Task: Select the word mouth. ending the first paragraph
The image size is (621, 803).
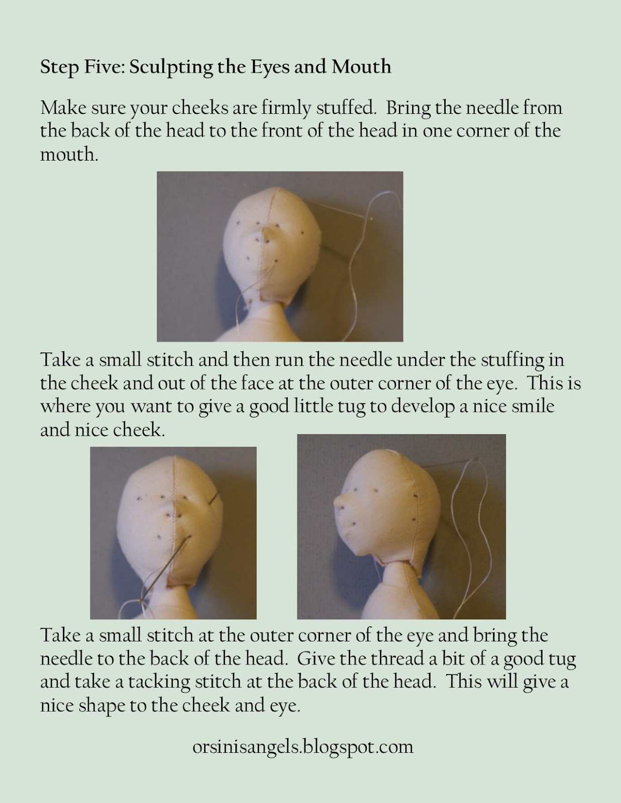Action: pos(69,155)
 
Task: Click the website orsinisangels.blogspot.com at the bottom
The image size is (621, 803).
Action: pos(302,747)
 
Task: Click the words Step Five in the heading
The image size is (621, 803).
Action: pos(82,67)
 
